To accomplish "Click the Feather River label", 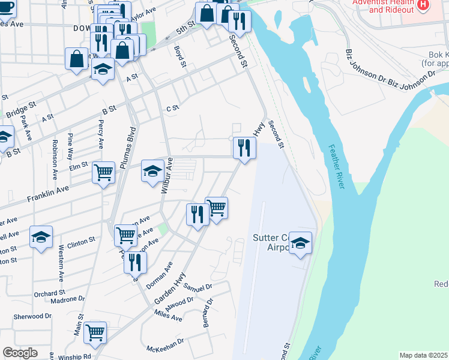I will [337, 167].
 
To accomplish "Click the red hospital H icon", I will [424, 5].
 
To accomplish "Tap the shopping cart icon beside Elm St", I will [103, 172].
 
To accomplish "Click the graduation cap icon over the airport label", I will [300, 242].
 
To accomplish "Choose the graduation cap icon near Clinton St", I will [41, 236].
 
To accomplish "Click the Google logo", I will [20, 353].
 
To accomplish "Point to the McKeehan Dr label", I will [165, 349].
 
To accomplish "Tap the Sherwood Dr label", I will [32, 316].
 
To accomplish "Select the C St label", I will [173, 108].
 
